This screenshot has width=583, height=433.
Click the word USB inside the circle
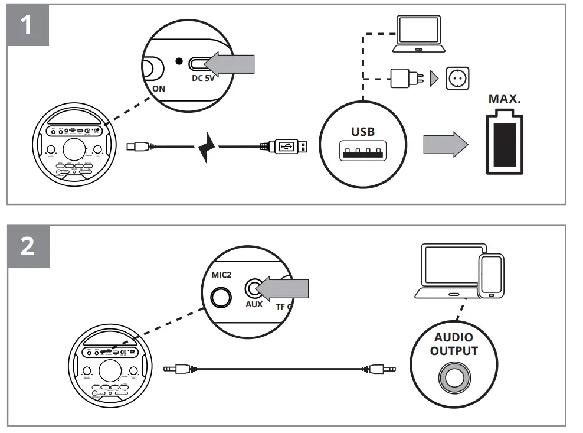(363, 132)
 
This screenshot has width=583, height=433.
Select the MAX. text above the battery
(505, 98)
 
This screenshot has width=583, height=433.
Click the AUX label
(254, 305)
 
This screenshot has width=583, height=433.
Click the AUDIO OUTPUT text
(454, 344)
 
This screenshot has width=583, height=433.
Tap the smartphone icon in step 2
(491, 276)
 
